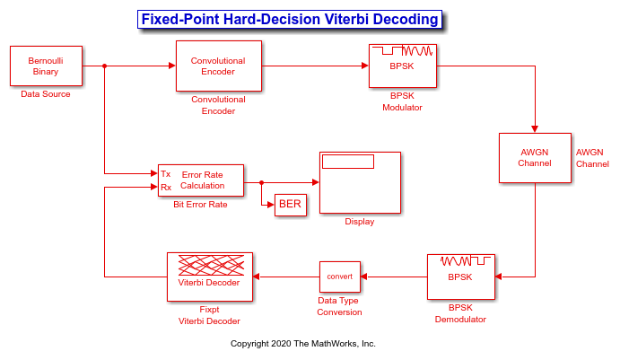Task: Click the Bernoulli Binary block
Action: click(x=47, y=66)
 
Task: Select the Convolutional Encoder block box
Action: click(x=219, y=66)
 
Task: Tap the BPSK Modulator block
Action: click(x=403, y=66)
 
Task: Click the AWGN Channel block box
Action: click(x=535, y=158)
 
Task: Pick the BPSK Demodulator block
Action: click(x=461, y=277)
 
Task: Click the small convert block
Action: click(x=340, y=277)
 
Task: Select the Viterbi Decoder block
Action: click(x=210, y=277)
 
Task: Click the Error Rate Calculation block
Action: click(x=201, y=180)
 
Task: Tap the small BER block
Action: click(x=291, y=205)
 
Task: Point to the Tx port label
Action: click(x=166, y=174)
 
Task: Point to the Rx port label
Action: click(x=166, y=187)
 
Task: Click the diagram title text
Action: click(x=290, y=19)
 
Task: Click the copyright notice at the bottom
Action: click(x=303, y=343)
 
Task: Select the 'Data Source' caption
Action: click(x=46, y=94)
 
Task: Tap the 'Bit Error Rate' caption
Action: click(x=200, y=205)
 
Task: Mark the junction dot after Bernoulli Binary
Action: click(x=104, y=66)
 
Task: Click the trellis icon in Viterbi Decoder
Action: click(x=211, y=265)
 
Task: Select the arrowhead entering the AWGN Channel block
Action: click(x=535, y=129)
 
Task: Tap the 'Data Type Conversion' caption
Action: click(x=339, y=306)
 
